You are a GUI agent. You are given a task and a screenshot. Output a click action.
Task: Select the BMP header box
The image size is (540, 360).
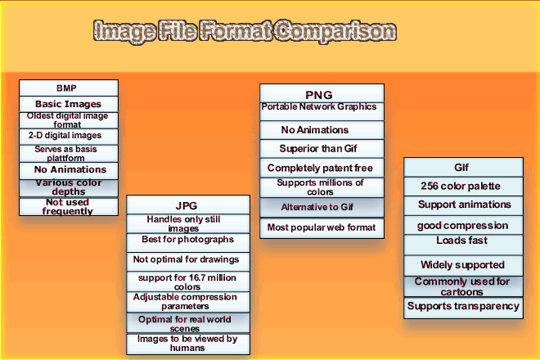point(69,88)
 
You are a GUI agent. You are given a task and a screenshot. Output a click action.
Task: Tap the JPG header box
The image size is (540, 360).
point(187,205)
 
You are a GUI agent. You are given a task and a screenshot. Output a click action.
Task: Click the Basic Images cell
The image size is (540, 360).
point(69,105)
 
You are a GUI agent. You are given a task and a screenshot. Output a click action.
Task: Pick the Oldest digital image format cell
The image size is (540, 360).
point(69,120)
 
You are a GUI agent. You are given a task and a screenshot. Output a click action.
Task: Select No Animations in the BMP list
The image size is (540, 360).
point(69,169)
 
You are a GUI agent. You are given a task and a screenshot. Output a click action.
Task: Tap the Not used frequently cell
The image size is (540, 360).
point(69,206)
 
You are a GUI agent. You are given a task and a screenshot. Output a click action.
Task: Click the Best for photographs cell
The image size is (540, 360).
point(187,241)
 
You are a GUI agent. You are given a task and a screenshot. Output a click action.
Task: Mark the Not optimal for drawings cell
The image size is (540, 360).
point(187,259)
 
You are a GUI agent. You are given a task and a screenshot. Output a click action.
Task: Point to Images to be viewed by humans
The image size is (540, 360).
point(187,343)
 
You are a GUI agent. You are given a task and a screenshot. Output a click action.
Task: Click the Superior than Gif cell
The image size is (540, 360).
point(322,149)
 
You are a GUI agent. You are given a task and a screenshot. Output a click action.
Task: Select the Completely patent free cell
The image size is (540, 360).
point(322,168)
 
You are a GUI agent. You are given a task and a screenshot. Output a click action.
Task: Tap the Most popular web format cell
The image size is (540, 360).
point(322,226)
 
